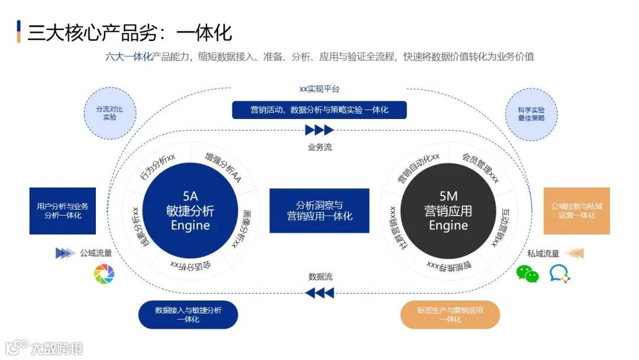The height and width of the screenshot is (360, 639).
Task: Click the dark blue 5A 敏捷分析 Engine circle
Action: click(190, 211)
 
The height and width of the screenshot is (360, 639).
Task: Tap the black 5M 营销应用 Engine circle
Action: click(448, 211)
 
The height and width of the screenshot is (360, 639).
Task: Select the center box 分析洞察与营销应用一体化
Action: click(319, 211)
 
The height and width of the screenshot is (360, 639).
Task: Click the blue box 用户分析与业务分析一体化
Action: click(63, 211)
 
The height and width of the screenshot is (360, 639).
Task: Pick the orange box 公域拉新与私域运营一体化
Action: click(576, 211)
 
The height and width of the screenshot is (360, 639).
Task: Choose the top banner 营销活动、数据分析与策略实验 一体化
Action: click(319, 110)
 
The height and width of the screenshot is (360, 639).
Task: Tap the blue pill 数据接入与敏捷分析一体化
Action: click(188, 314)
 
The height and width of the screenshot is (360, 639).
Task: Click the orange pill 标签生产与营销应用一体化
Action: click(450, 314)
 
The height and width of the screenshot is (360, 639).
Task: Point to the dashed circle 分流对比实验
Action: click(110, 113)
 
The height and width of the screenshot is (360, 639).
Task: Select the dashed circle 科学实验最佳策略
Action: click(530, 114)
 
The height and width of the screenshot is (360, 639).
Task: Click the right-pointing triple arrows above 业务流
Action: click(319, 130)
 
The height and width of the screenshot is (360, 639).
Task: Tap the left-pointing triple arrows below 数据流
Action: click(319, 292)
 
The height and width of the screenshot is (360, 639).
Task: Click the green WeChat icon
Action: click(528, 274)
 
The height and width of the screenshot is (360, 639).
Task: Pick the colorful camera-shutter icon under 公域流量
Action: click(104, 274)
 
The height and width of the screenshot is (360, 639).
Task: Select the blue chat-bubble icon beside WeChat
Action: click(560, 274)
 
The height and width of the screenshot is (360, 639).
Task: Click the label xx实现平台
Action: click(319, 89)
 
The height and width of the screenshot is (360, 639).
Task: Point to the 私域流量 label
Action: click(543, 253)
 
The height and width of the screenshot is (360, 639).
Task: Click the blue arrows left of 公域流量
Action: click(65, 253)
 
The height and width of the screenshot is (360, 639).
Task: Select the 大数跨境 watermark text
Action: click(57, 348)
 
